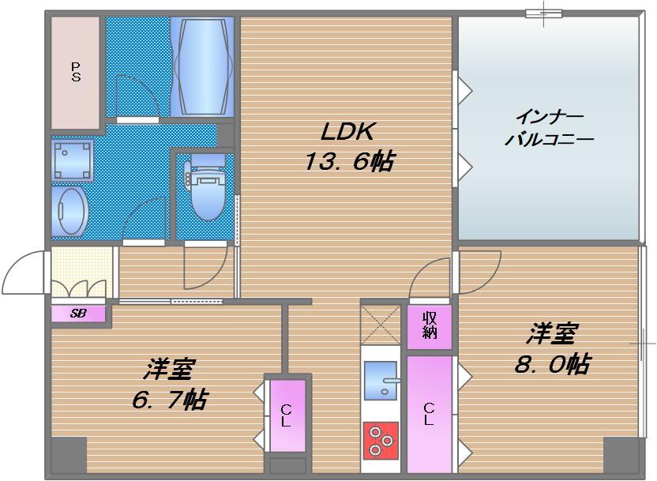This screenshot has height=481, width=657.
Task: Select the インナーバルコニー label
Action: tap(549, 128)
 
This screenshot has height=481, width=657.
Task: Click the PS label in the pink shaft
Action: tap(76, 72)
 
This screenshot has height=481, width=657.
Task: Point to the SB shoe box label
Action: tap(78, 313)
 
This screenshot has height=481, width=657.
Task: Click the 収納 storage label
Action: tap(430, 325)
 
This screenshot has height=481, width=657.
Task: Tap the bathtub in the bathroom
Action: tap(203, 66)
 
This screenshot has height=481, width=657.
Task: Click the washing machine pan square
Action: tap(73, 160)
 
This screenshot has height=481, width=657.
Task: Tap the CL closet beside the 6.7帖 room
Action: tap(285, 415)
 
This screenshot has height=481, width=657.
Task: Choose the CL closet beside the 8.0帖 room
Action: tap(429, 414)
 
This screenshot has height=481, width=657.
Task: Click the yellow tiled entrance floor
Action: tap(79, 272)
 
